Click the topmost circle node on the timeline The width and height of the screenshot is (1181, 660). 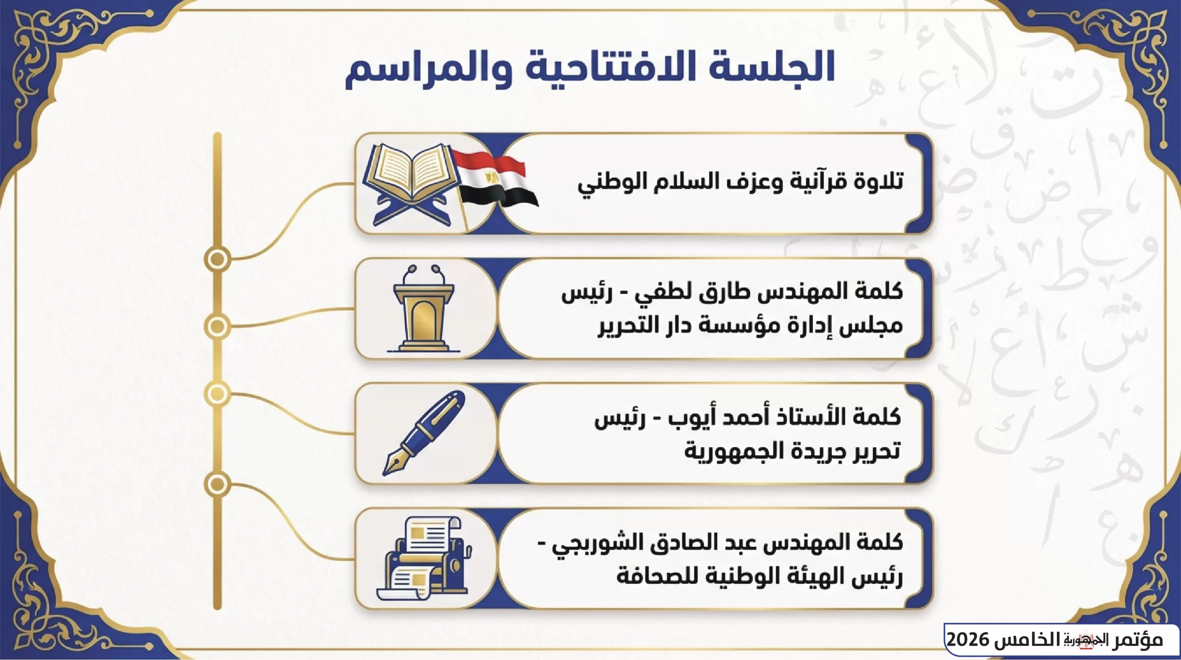(217, 259)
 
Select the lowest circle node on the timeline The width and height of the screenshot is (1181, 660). (217, 485)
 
